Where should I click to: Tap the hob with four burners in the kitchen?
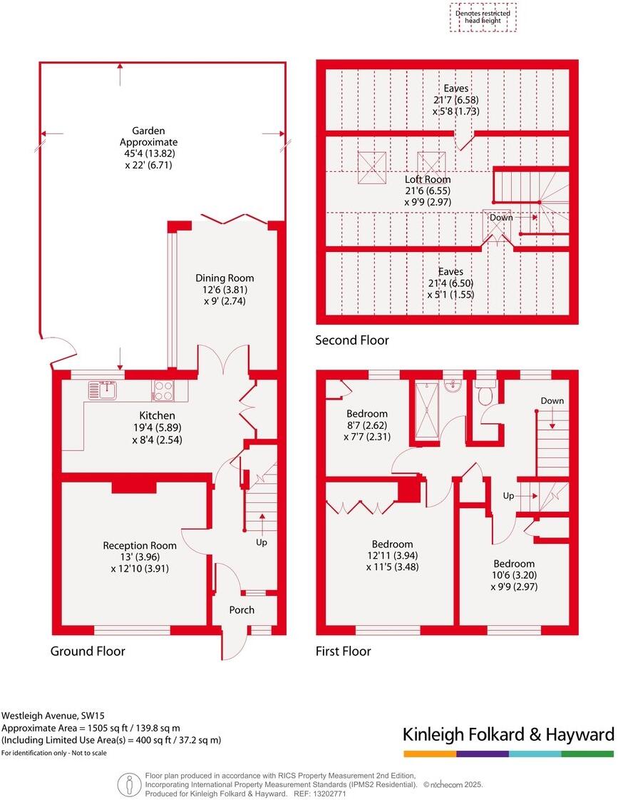pyautogui.click(x=163, y=390)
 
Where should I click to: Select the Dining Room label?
pyautogui.click(x=225, y=278)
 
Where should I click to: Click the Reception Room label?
pyautogui.click(x=140, y=545)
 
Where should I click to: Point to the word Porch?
pyautogui.click(x=242, y=609)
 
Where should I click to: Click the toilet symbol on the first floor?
pyautogui.click(x=485, y=393)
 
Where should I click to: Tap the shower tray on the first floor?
pyautogui.click(x=428, y=410)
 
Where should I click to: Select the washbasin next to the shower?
pyautogui.click(x=452, y=386)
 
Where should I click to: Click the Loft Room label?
pyautogui.click(x=428, y=180)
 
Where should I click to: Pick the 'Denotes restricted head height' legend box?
pyautogui.click(x=484, y=17)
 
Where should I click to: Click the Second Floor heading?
pyautogui.click(x=352, y=340)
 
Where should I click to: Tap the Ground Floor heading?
pyautogui.click(x=88, y=651)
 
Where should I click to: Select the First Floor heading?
pyautogui.click(x=344, y=651)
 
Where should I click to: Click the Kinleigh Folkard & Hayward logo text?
pyautogui.click(x=508, y=734)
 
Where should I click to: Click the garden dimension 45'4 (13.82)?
pyautogui.click(x=148, y=153)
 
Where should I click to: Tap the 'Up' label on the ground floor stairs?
pyautogui.click(x=262, y=543)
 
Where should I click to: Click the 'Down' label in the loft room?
pyautogui.click(x=501, y=217)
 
